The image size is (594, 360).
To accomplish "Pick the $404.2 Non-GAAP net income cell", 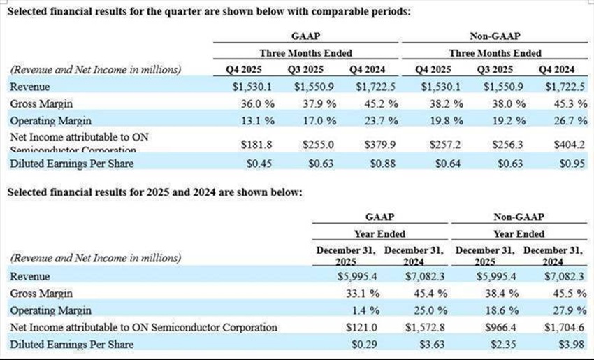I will tap(568, 143).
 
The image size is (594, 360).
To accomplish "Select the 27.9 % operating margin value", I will tap(564, 310).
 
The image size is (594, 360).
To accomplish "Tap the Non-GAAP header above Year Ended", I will tap(517, 217).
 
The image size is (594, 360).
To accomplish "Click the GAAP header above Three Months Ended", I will tap(305, 36).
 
